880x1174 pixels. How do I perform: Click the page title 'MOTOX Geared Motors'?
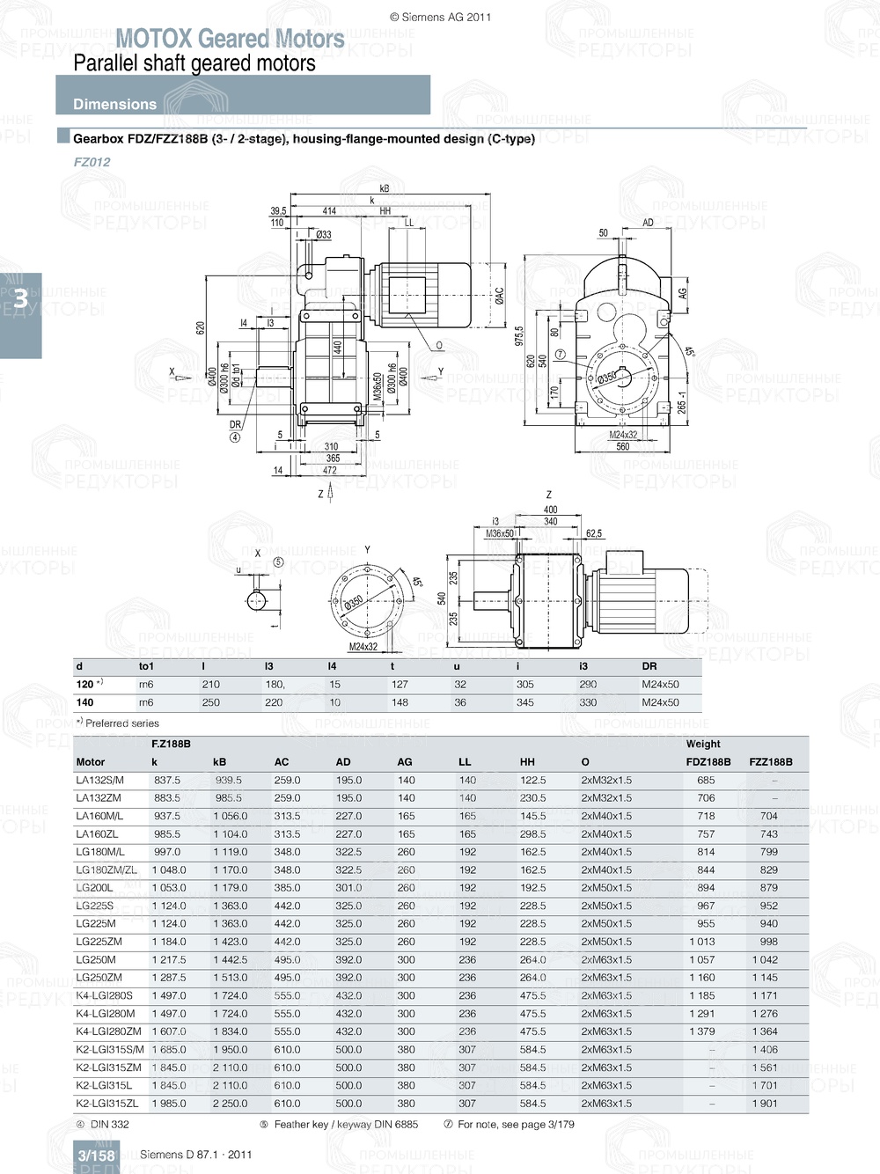[x=230, y=39]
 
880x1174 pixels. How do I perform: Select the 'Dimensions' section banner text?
[x=114, y=104]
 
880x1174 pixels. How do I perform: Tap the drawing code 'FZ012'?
[x=92, y=162]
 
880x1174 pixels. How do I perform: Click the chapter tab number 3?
[x=19, y=300]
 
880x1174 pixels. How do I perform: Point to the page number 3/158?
[x=96, y=1156]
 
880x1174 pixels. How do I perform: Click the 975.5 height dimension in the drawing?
[x=518, y=336]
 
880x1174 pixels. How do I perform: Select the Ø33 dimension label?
[x=323, y=235]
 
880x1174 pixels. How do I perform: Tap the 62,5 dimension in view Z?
[x=593, y=533]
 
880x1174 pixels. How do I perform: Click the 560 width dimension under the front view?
[x=622, y=446]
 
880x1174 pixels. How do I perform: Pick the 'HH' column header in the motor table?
[x=527, y=762]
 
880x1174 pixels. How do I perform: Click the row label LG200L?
[x=94, y=888]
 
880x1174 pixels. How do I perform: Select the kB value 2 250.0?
[x=230, y=1104]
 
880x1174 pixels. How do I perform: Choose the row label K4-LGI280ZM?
[x=108, y=1031]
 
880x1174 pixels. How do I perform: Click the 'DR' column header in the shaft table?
[x=649, y=666]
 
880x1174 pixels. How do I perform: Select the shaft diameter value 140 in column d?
[x=84, y=702]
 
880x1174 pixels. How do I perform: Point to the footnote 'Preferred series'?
[x=121, y=723]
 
